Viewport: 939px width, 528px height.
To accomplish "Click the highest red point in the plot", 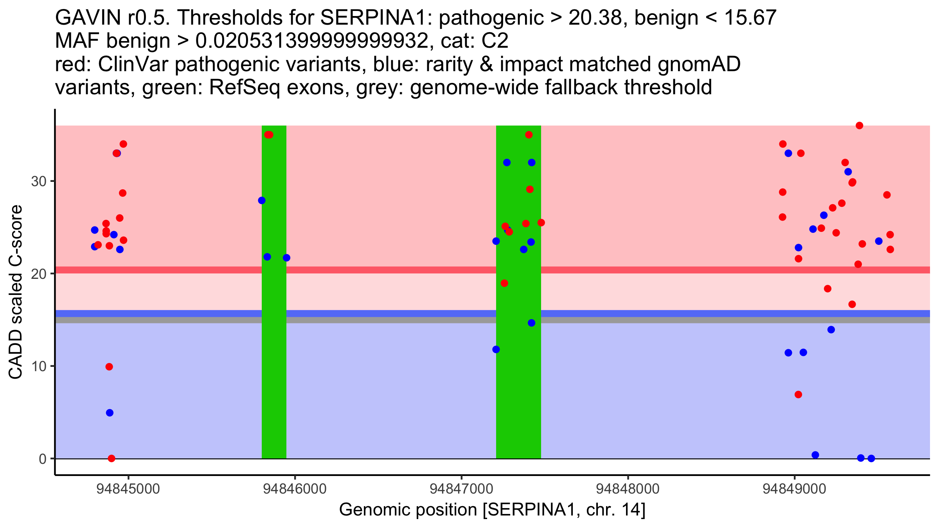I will [859, 126].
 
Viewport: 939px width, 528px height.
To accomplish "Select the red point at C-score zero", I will [112, 458].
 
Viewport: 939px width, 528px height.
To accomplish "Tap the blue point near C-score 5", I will [110, 413].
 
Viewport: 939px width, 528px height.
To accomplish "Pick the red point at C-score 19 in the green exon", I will [504, 283].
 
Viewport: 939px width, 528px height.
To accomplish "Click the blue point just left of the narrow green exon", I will [262, 201].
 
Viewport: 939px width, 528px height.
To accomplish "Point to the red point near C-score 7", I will [798, 395].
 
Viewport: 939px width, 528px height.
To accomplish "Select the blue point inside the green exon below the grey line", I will [531, 323].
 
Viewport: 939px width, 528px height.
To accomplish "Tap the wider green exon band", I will [518, 391].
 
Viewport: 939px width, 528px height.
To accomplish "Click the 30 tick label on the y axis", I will [38, 181].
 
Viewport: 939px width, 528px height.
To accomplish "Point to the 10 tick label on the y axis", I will [38, 366].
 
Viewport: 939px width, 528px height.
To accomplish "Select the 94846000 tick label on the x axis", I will [295, 489].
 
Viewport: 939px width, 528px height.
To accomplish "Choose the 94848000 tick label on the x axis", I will [628, 489].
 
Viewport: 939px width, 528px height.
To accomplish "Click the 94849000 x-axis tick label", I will [794, 489].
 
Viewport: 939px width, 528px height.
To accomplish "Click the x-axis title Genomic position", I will [492, 510].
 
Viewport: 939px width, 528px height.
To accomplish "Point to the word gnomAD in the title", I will [699, 64].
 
